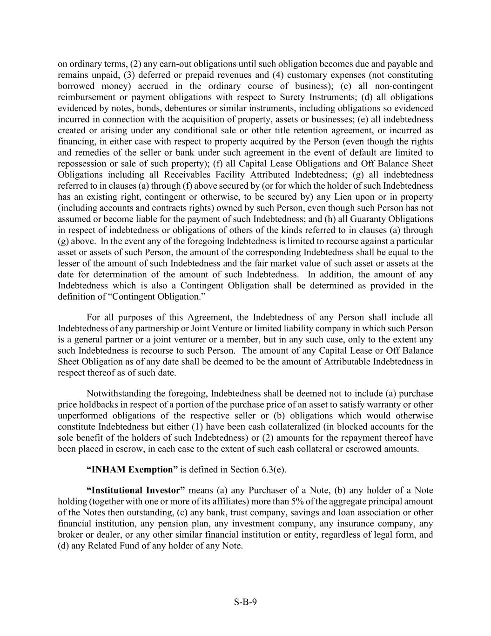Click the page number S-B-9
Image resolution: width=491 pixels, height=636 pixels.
245,602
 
